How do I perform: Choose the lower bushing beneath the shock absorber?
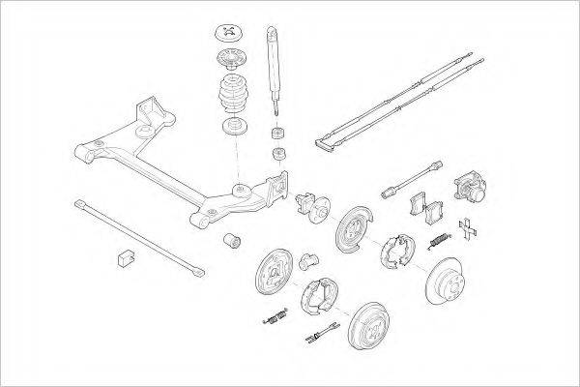click(279, 153)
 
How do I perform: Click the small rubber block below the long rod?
click(124, 256)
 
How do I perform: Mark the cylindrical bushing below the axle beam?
click(232, 239)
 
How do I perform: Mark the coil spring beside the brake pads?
click(441, 238)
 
